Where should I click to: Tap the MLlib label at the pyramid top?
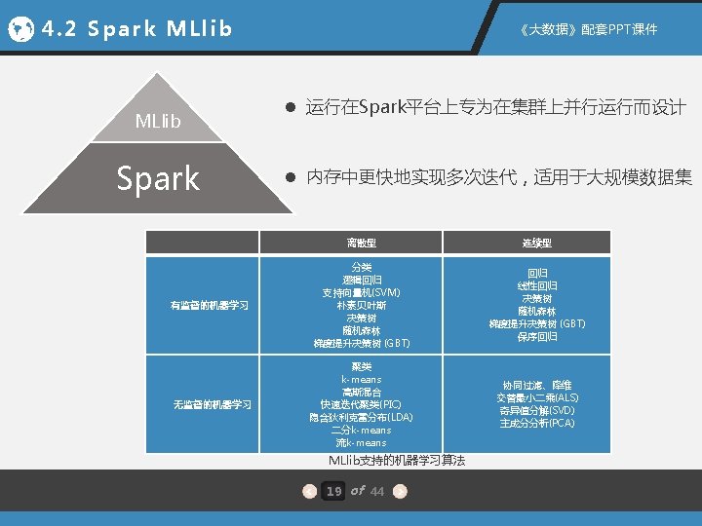(157, 122)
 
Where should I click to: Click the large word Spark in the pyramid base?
(157, 178)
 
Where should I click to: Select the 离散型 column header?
(360, 243)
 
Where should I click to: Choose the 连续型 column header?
(535, 243)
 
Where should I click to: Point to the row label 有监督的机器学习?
(209, 305)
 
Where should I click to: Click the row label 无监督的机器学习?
(212, 404)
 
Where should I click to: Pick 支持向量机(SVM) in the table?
(361, 292)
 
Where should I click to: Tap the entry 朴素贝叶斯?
(361, 305)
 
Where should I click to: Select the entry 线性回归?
(536, 285)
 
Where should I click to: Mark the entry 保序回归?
(536, 336)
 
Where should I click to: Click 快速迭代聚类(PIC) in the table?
(361, 404)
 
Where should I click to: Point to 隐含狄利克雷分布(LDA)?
(361, 417)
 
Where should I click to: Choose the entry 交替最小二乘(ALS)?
(537, 397)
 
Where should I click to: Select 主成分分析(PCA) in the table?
(537, 423)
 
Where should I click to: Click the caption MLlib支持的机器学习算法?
(396, 460)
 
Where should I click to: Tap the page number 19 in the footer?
(333, 491)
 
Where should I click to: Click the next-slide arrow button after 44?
(401, 491)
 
